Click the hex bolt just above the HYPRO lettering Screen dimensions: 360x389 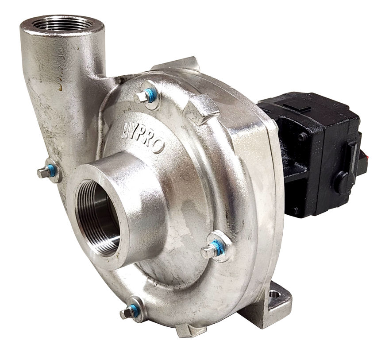(144, 97)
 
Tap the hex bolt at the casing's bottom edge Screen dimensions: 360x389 (127, 313)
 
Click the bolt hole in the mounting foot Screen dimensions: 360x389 (274, 294)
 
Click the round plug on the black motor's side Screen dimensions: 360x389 (341, 182)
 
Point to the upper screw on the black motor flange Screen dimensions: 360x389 (303, 137)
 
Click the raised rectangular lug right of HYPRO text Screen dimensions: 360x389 (201, 108)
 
